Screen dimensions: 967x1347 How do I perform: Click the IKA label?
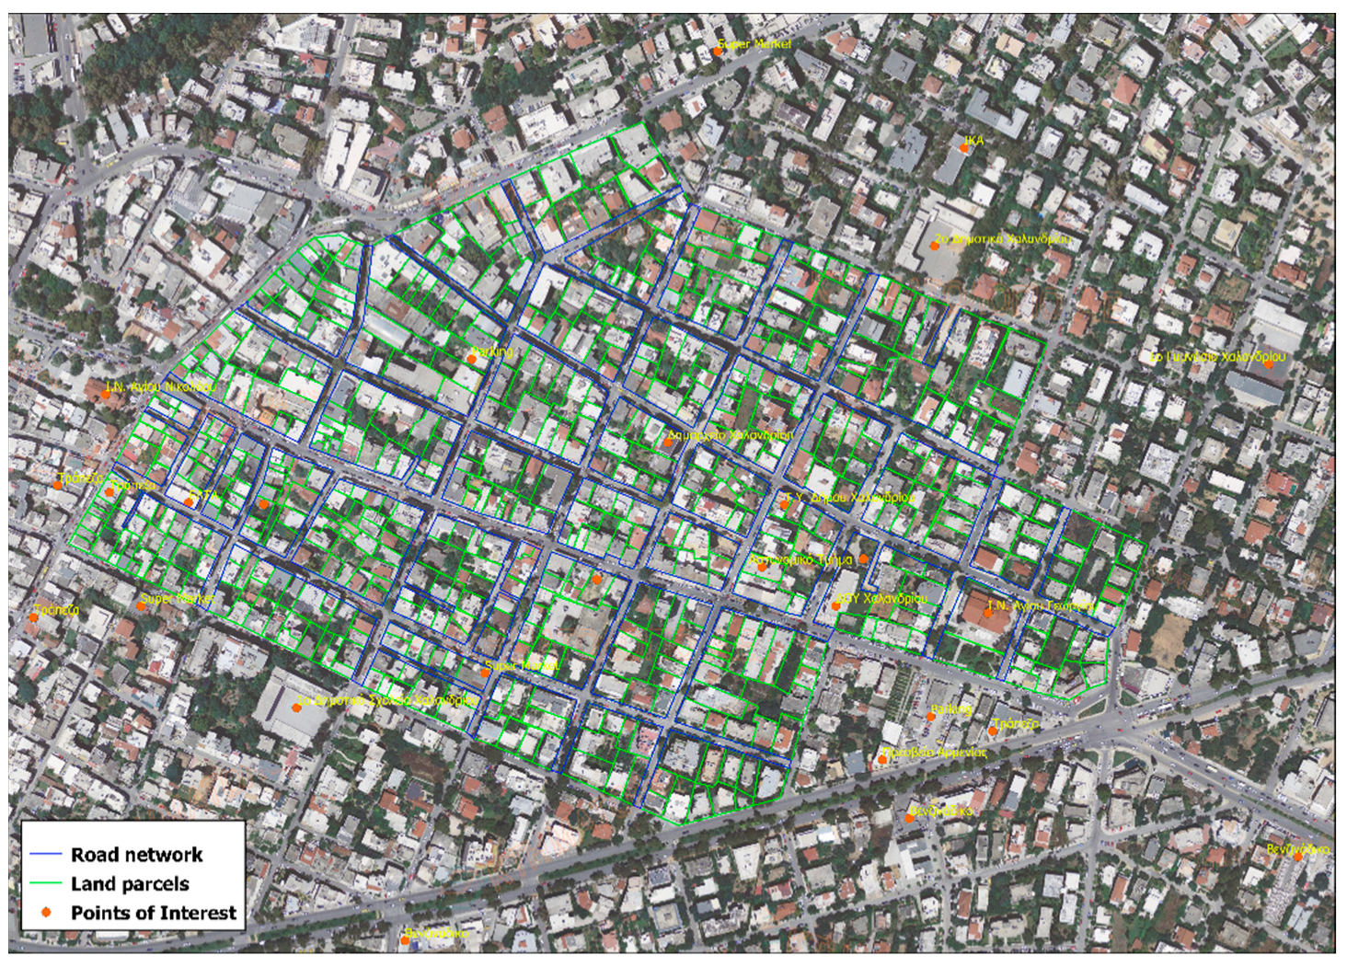(973, 141)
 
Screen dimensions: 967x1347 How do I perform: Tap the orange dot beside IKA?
(963, 147)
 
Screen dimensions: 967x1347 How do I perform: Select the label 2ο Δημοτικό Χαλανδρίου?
(1002, 239)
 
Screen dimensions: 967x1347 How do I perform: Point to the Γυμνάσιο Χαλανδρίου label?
(1218, 356)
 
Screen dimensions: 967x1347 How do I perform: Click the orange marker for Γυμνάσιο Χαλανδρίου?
(1268, 364)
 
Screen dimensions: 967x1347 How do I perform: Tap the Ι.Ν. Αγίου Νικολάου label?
(162, 387)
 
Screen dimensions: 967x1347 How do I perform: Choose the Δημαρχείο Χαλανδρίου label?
(731, 434)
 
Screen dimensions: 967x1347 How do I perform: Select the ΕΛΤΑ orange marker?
(190, 502)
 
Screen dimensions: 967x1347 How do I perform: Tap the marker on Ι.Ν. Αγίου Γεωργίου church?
(988, 613)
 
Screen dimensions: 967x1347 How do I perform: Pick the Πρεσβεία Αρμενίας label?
(934, 752)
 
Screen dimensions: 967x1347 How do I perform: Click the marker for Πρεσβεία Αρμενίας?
(882, 759)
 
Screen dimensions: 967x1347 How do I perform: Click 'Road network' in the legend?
(136, 855)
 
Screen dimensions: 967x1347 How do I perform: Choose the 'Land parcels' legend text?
(130, 884)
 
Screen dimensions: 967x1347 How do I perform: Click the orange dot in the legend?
(46, 912)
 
